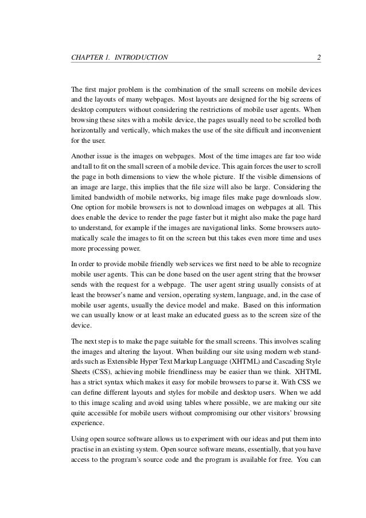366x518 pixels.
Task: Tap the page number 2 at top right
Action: pyautogui.click(x=318, y=57)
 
